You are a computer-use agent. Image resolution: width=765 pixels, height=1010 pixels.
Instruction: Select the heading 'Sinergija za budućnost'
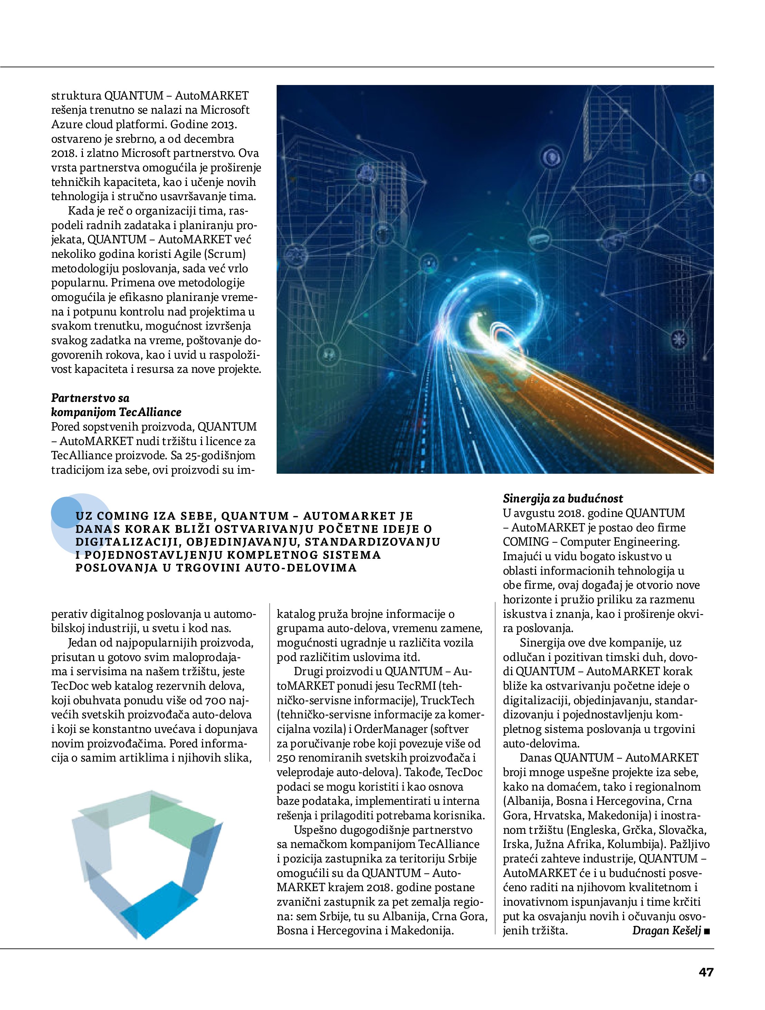point(563,498)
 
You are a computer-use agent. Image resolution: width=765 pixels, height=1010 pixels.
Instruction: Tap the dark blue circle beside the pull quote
point(66,512)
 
